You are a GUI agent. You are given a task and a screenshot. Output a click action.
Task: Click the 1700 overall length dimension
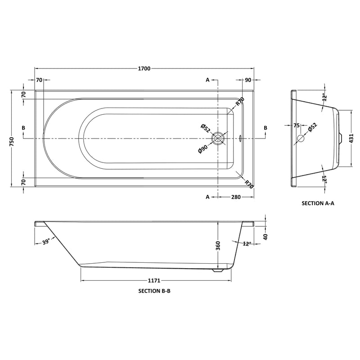point(144,68)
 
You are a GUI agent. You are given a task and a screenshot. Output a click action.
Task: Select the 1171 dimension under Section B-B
point(156,280)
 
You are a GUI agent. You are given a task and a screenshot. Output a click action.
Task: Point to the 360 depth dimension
point(217,245)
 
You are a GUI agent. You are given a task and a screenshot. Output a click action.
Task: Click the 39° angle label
point(45,242)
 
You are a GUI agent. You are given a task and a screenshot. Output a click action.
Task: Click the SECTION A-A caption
point(318,203)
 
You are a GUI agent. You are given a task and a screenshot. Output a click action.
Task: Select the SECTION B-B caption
point(154,291)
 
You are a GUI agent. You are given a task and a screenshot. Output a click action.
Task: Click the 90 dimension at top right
point(247,80)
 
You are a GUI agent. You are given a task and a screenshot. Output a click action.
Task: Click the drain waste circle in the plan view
point(218,138)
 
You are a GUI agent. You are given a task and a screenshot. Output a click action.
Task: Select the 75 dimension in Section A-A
point(296,126)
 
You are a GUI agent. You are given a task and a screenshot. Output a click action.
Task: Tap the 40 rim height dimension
point(265,237)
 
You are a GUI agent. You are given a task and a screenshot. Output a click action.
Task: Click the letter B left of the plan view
point(23,128)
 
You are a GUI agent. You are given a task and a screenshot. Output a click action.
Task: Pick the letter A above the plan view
point(207,80)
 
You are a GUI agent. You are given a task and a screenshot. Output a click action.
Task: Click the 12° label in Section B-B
point(246,243)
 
